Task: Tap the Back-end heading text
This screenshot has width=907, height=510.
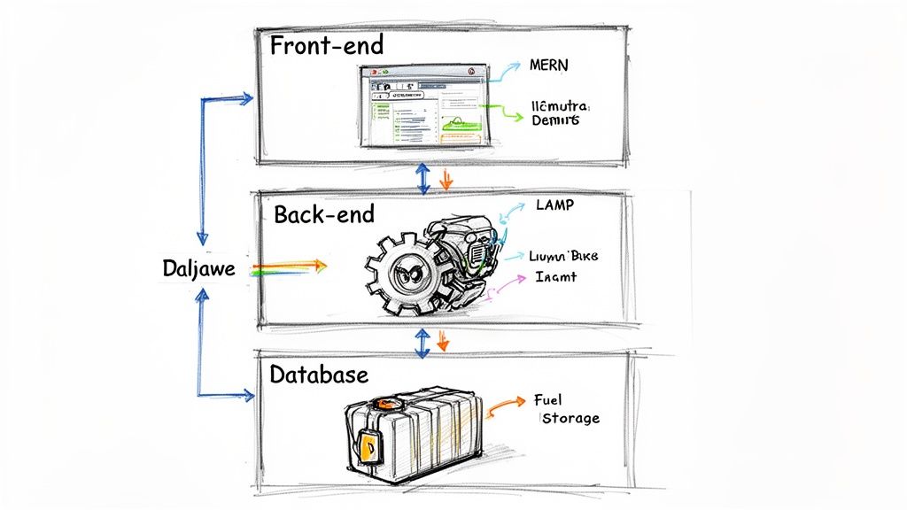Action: pyautogui.click(x=324, y=213)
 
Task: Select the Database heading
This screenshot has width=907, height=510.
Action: pyautogui.click(x=319, y=375)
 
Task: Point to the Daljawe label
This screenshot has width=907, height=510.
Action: pyautogui.click(x=199, y=268)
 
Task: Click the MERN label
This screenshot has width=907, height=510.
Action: pyautogui.click(x=550, y=66)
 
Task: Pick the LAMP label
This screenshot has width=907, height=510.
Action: pyautogui.click(x=554, y=205)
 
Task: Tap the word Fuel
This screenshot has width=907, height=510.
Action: pyautogui.click(x=550, y=399)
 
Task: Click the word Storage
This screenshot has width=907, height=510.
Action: pyautogui.click(x=570, y=418)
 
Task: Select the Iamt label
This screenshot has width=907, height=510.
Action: pyautogui.click(x=555, y=276)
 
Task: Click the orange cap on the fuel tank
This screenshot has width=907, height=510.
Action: pyautogui.click(x=384, y=404)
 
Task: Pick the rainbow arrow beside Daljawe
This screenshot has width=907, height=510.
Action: pyautogui.click(x=289, y=266)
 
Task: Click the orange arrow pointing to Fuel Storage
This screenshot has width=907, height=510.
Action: pyautogui.click(x=506, y=404)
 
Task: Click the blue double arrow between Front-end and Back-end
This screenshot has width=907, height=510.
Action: pyautogui.click(x=423, y=179)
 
